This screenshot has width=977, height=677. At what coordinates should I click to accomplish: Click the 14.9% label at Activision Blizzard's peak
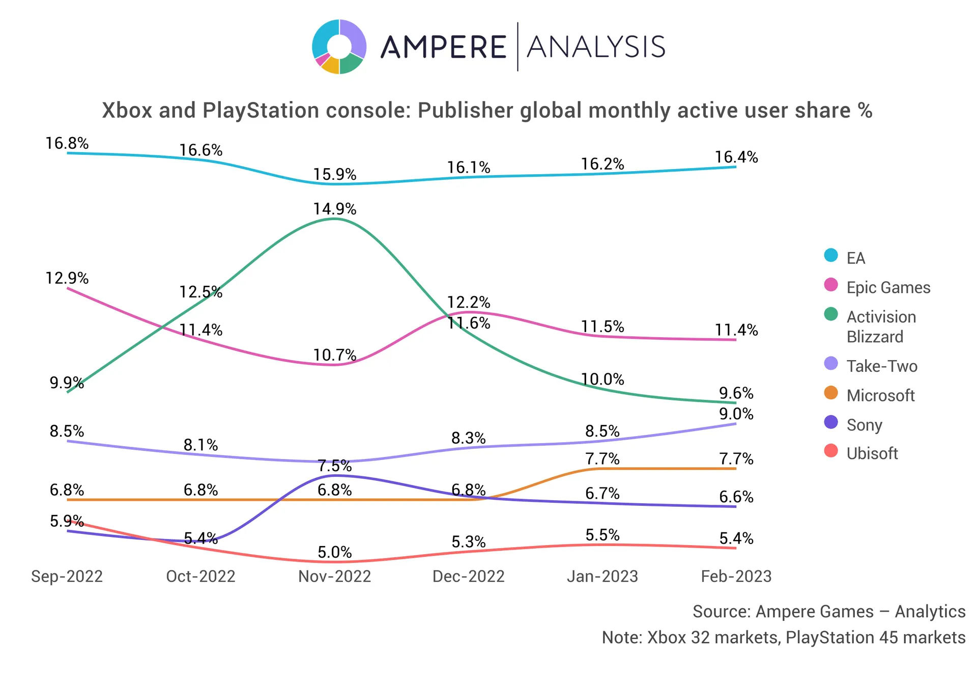(334, 209)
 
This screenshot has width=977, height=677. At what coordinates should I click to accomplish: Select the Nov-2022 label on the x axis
(334, 576)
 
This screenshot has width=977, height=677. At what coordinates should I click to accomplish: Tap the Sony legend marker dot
(831, 422)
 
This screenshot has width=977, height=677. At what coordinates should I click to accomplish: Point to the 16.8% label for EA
(67, 143)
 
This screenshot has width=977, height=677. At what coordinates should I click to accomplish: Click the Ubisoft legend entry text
(872, 453)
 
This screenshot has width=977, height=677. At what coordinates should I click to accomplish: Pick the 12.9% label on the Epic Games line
(67, 278)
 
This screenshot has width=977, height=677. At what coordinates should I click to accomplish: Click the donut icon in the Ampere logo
(339, 47)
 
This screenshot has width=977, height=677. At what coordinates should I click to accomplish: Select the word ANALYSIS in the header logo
(596, 47)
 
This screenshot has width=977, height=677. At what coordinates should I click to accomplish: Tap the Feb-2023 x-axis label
(736, 576)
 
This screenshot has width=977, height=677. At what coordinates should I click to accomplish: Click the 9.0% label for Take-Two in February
(736, 414)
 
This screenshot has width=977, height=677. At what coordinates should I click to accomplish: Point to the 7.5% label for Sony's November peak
(334, 466)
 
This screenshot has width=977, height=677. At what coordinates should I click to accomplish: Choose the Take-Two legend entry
(881, 366)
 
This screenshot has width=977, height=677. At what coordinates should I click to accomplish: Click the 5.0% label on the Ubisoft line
(334, 552)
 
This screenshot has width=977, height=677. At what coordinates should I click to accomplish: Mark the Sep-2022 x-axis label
(67, 576)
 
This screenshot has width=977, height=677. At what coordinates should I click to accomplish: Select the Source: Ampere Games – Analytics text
(828, 611)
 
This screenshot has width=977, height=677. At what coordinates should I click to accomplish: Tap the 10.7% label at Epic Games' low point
(334, 355)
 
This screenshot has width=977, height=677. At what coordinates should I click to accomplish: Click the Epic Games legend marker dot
(831, 285)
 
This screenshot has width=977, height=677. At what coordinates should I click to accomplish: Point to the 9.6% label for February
(736, 393)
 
